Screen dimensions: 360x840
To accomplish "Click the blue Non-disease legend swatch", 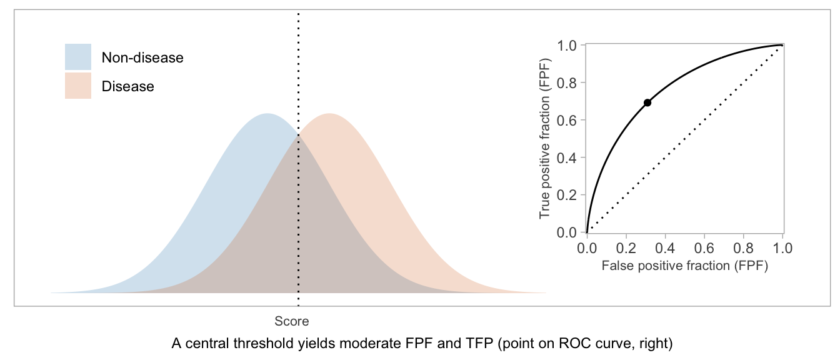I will tap(78, 57).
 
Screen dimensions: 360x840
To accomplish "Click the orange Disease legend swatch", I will tap(78, 86).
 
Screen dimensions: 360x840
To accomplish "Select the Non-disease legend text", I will tap(142, 57).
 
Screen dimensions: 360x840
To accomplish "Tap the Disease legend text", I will tap(127, 86).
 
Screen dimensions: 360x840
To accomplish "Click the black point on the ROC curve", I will tap(647, 102).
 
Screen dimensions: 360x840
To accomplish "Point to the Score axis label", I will tap(292, 321).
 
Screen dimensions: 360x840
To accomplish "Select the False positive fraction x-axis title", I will tap(684, 265).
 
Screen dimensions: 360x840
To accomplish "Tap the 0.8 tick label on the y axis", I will tap(569, 82).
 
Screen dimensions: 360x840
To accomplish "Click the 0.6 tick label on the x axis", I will tap(704, 248).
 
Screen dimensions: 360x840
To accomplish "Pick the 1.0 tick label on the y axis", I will tap(569, 45).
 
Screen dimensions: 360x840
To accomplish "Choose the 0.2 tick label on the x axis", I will tap(626, 248).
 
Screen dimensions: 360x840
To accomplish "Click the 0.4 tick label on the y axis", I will tap(569, 157).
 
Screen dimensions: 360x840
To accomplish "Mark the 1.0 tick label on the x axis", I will tap(782, 248).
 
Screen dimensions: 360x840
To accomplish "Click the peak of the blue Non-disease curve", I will tap(267, 114).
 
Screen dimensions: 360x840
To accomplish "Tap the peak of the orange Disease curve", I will tap(329, 114).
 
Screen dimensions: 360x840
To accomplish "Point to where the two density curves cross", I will tap(298, 135).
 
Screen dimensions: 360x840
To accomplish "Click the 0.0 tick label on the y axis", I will tap(569, 232).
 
